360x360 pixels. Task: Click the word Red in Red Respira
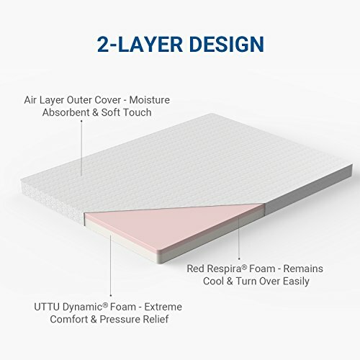[x=197, y=269]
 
